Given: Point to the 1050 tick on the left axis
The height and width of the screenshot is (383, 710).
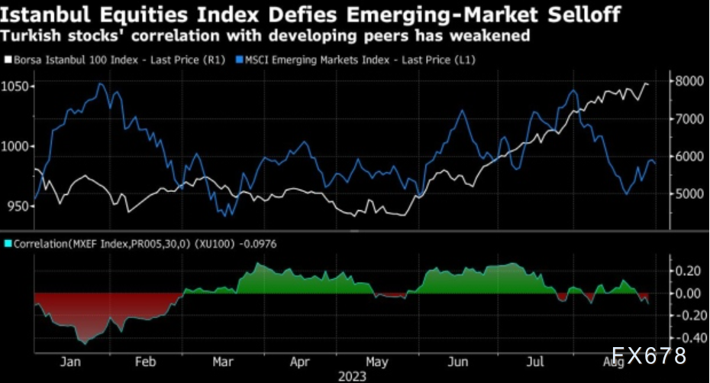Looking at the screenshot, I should [16, 86].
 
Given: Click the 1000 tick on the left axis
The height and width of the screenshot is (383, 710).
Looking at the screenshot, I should [16, 146].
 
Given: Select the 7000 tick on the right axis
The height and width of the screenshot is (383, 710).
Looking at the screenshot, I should [685, 119].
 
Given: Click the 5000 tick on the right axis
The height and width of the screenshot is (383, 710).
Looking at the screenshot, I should [685, 193].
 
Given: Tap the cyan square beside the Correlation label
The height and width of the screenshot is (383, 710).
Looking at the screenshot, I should [8, 244].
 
